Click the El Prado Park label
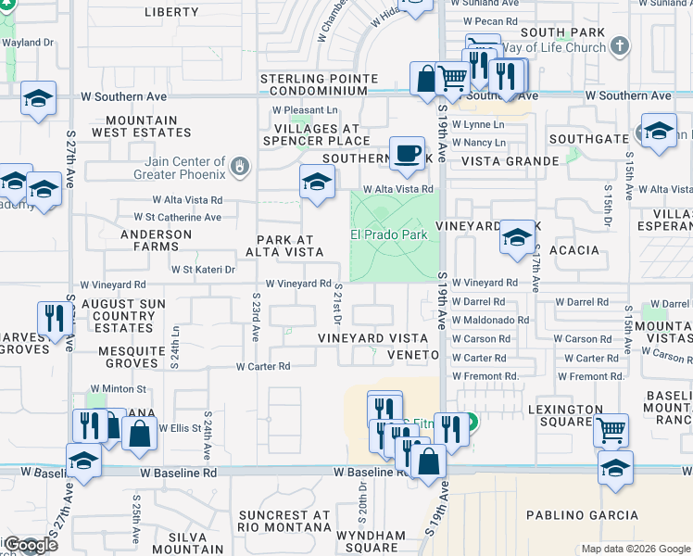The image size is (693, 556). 389,234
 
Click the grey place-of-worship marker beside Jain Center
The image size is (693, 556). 241,167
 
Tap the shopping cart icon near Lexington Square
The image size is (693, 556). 611,429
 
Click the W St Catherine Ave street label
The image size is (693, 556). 164,218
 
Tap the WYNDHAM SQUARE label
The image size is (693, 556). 370,541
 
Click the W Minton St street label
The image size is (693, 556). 118,389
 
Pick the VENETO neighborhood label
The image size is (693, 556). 413,355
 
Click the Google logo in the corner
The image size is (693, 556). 30,545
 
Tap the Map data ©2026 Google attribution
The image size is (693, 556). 635,549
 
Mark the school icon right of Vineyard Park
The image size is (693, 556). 517,238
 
